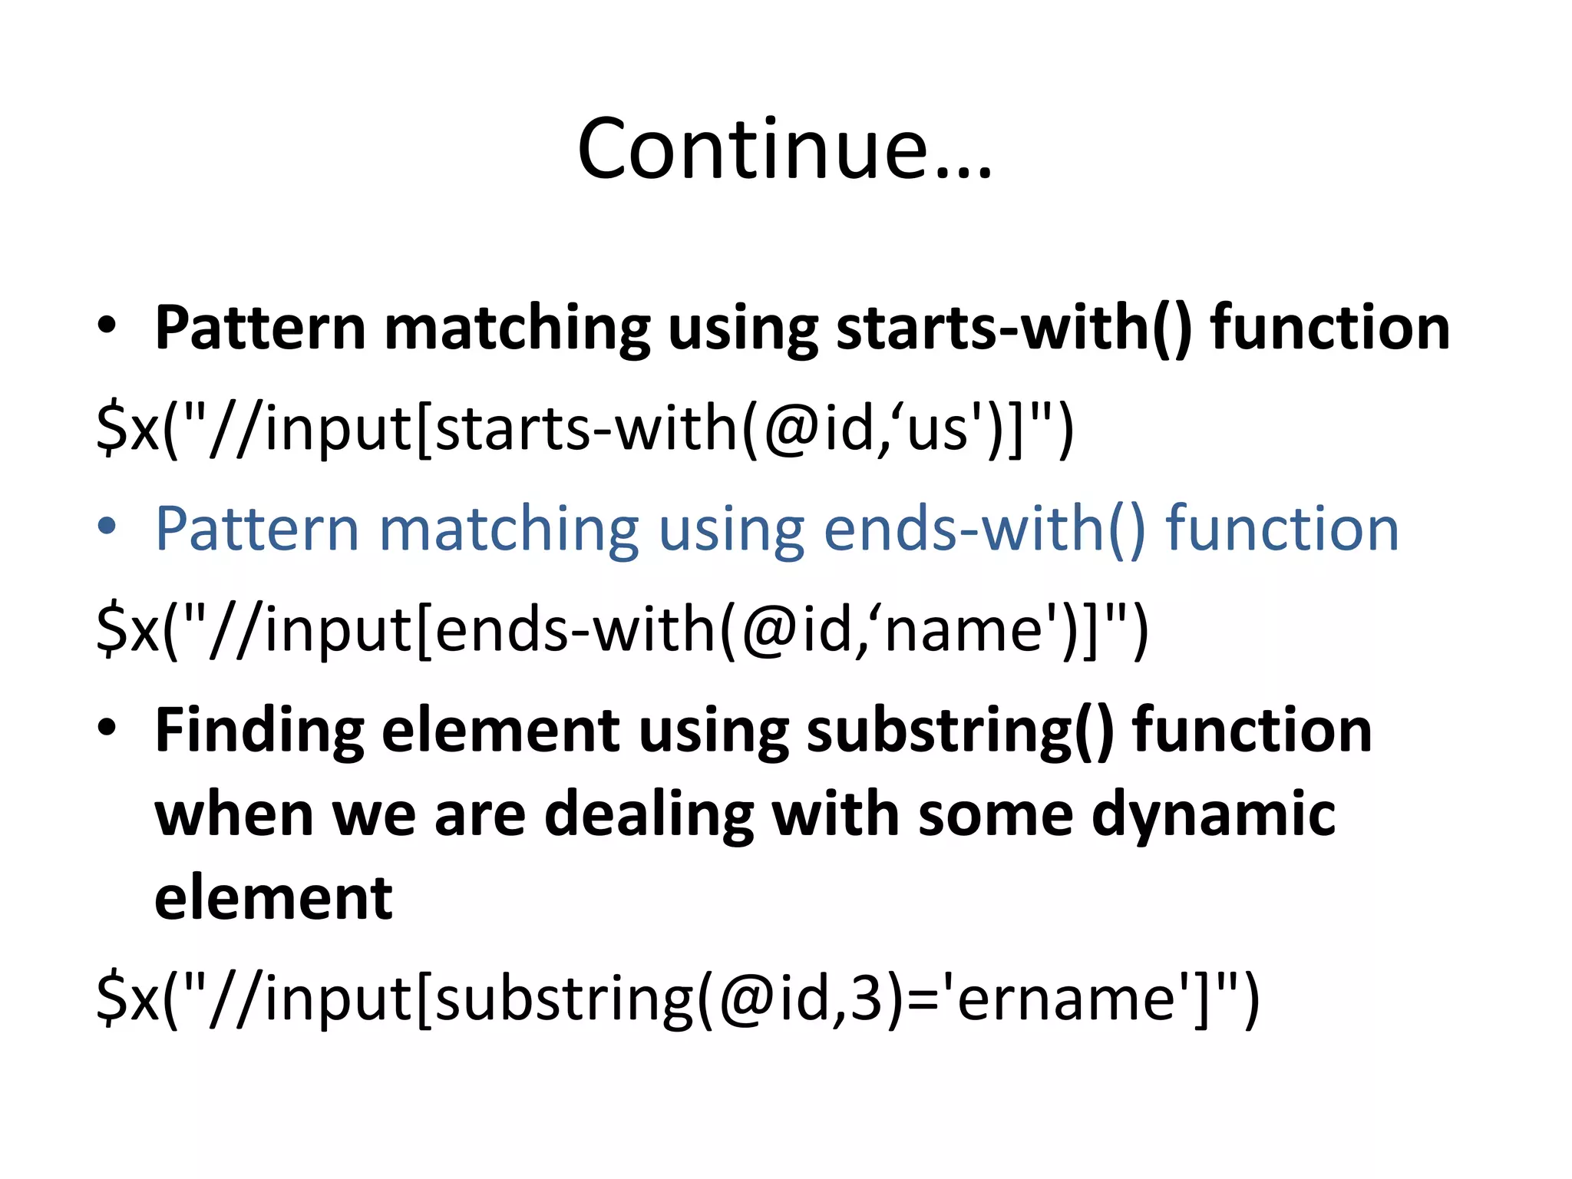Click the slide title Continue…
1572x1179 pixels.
[784, 150]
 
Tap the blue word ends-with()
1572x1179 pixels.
[985, 530]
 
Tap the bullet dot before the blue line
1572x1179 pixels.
[107, 527]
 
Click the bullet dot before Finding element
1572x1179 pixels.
[107, 727]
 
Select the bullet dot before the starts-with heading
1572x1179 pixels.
[107, 325]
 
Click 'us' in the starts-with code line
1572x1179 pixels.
[937, 430]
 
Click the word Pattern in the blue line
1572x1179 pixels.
[257, 530]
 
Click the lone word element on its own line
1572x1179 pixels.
[273, 898]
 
